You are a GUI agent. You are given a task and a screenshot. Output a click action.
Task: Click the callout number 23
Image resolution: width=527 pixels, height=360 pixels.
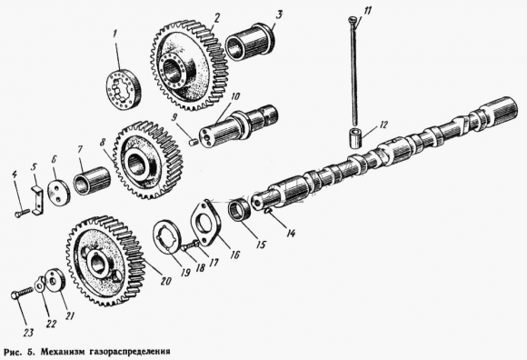(x=28, y=333)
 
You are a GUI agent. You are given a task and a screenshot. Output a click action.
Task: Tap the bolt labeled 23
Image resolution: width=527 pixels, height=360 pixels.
(x=23, y=292)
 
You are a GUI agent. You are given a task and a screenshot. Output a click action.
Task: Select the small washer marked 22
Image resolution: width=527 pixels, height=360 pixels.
(x=40, y=284)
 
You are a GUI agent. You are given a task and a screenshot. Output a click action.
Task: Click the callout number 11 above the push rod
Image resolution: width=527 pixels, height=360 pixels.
(x=367, y=11)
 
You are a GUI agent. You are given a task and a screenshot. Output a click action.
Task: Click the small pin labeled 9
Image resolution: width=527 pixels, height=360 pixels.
(x=194, y=143)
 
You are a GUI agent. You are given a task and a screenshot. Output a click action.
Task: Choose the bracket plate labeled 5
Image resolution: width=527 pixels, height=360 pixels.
(x=38, y=200)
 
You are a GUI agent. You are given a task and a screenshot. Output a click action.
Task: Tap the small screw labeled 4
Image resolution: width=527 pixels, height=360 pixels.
(x=21, y=213)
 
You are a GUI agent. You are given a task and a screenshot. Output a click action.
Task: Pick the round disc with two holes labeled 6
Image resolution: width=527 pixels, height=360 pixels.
(x=58, y=190)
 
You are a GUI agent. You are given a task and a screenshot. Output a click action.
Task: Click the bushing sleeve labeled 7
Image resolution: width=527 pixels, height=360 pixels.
(x=92, y=181)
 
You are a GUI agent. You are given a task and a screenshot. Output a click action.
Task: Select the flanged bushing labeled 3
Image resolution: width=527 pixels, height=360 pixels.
(x=250, y=41)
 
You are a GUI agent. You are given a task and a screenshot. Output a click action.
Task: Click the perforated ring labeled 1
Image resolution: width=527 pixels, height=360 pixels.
(x=124, y=89)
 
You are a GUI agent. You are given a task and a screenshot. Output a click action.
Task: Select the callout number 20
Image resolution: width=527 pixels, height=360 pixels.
(x=165, y=281)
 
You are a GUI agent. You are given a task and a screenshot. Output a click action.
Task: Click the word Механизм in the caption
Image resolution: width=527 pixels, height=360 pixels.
(x=63, y=352)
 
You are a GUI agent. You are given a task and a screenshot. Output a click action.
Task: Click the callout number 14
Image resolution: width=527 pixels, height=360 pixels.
(x=291, y=233)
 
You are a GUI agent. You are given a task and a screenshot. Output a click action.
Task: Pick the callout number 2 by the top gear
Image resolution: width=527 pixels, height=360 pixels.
(x=217, y=18)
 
